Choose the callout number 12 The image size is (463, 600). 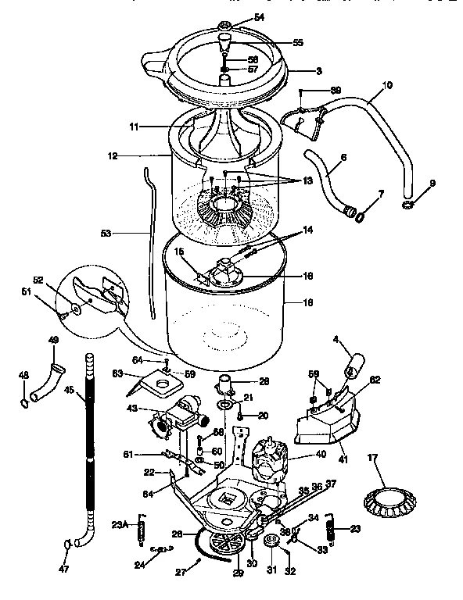pos(112,155)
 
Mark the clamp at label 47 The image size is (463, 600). pos(67,545)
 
